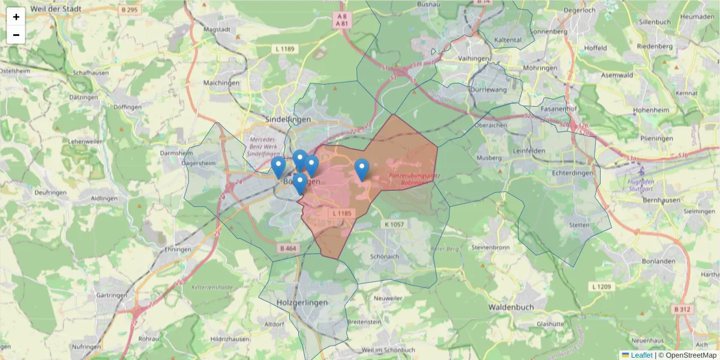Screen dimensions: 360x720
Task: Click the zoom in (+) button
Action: (16, 17)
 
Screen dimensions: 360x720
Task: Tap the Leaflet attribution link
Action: (641, 355)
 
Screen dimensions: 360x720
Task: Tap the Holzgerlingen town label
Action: (303, 302)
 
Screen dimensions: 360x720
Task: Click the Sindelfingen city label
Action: (288, 119)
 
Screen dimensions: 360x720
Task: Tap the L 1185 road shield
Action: (340, 213)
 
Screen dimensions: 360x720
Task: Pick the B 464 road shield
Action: (288, 248)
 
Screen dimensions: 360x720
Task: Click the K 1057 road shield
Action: (393, 224)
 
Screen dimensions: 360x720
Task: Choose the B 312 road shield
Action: (683, 309)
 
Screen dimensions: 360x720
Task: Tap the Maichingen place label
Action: (221, 83)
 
